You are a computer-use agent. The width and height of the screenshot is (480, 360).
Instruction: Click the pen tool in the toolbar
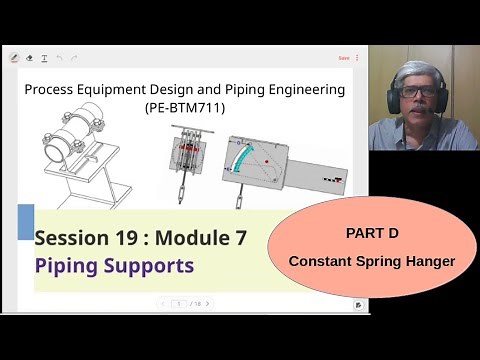coord(14,58)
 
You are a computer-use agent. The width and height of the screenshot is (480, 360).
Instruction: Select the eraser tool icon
coord(29,58)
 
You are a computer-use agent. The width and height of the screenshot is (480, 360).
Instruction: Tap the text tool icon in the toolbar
coord(44,58)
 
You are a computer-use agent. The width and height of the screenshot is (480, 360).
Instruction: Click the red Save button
coord(344,58)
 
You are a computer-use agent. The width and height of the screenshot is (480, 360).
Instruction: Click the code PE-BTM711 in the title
coord(185,105)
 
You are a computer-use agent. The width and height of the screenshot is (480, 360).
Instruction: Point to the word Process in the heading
coord(51,89)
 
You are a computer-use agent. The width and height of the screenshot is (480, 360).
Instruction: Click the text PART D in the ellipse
coord(372,233)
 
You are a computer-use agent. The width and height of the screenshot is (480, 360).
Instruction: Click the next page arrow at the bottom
coord(207,303)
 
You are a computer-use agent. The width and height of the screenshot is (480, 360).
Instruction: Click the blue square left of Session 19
coord(26,222)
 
